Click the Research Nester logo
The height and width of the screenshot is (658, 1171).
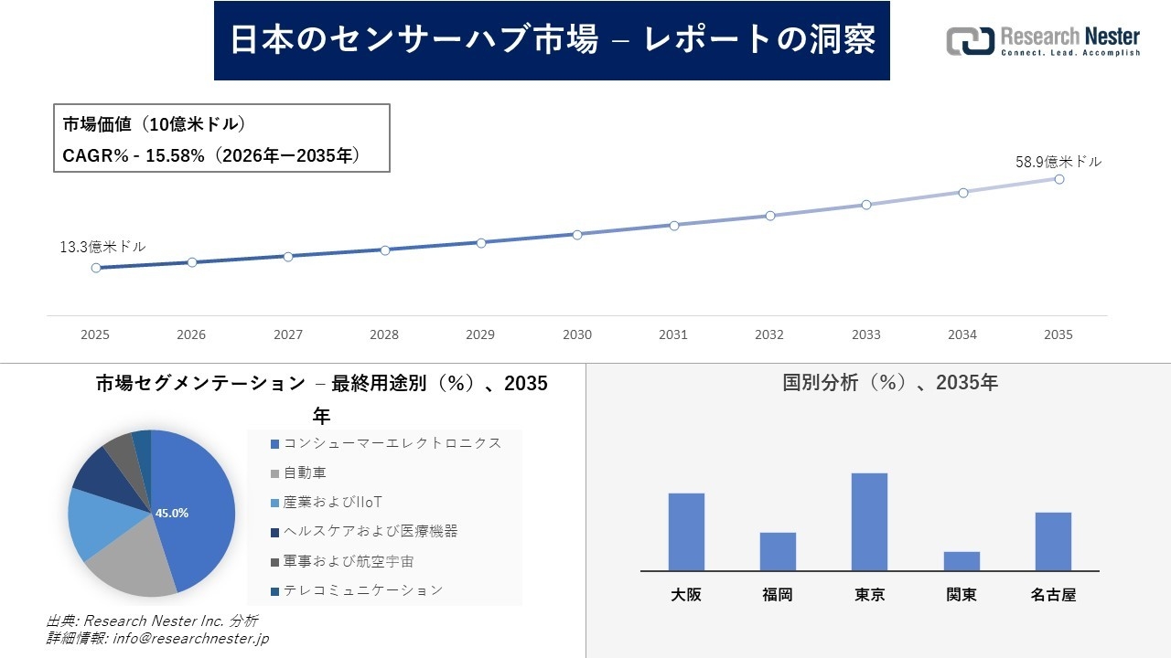pyautogui.click(x=1042, y=41)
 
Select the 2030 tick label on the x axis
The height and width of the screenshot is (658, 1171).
pyautogui.click(x=577, y=334)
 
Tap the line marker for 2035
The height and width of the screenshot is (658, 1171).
pyautogui.click(x=1058, y=179)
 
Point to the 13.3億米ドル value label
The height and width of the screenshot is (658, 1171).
pyautogui.click(x=102, y=247)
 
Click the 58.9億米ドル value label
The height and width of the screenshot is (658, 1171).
pyautogui.click(x=1058, y=162)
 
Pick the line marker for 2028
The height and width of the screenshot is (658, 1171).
pyautogui.click(x=384, y=249)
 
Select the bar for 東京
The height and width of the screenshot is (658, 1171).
pyautogui.click(x=869, y=522)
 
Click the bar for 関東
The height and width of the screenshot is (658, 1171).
pyautogui.click(x=962, y=561)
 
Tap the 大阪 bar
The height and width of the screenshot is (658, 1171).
pyautogui.click(x=686, y=532)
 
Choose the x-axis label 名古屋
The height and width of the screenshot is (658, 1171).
pyautogui.click(x=1053, y=595)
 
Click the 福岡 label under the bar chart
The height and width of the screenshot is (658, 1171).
pyautogui.click(x=778, y=595)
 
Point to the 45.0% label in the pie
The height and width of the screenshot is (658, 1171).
pyautogui.click(x=172, y=514)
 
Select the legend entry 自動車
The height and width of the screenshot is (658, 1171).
pyautogui.click(x=304, y=472)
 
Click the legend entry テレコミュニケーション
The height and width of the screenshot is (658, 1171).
pyautogui.click(x=362, y=590)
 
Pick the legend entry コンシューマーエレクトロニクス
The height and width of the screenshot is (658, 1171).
pyautogui.click(x=392, y=443)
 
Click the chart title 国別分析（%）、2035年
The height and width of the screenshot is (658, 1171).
pyautogui.click(x=890, y=383)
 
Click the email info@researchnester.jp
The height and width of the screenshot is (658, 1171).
pyautogui.click(x=190, y=639)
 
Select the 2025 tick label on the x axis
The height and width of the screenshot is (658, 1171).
pyautogui.click(x=95, y=334)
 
